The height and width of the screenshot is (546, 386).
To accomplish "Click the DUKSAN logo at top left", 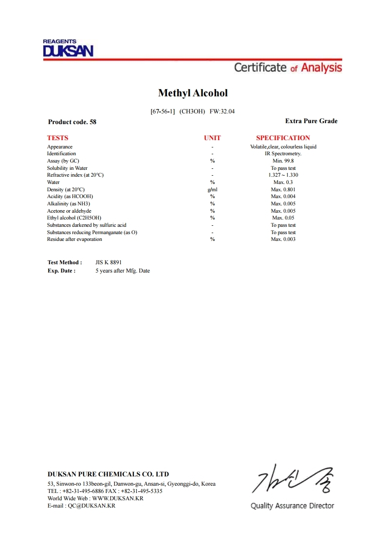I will pyautogui.click(x=68, y=49).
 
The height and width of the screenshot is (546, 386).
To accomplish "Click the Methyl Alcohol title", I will pyautogui.click(x=193, y=93).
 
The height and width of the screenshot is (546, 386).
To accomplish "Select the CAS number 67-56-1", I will pyautogui.click(x=163, y=111).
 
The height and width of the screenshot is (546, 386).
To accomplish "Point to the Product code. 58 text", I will pyautogui.click(x=72, y=122).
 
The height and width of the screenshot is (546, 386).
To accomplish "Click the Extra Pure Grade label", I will pyautogui.click(x=311, y=121).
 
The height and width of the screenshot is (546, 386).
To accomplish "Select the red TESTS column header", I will pyautogui.click(x=57, y=138).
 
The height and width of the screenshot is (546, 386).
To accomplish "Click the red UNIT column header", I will pyautogui.click(x=212, y=138).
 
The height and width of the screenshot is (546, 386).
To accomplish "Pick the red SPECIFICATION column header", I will pyautogui.click(x=283, y=138).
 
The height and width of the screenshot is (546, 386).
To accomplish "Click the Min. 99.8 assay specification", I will pyautogui.click(x=283, y=161).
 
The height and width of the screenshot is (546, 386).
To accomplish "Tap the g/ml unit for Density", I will pyautogui.click(x=212, y=189).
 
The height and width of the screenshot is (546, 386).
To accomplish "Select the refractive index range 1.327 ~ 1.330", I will pyautogui.click(x=283, y=175).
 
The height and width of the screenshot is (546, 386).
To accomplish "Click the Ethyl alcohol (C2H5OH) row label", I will pyautogui.click(x=74, y=218).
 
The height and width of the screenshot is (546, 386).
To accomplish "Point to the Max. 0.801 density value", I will pyautogui.click(x=283, y=189).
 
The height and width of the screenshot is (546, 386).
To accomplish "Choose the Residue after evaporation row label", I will pyautogui.click(x=74, y=239).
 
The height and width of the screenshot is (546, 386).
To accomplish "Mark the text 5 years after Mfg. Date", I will pyautogui.click(x=123, y=271).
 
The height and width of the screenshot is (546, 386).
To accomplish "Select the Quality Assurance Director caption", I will pyautogui.click(x=292, y=506).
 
